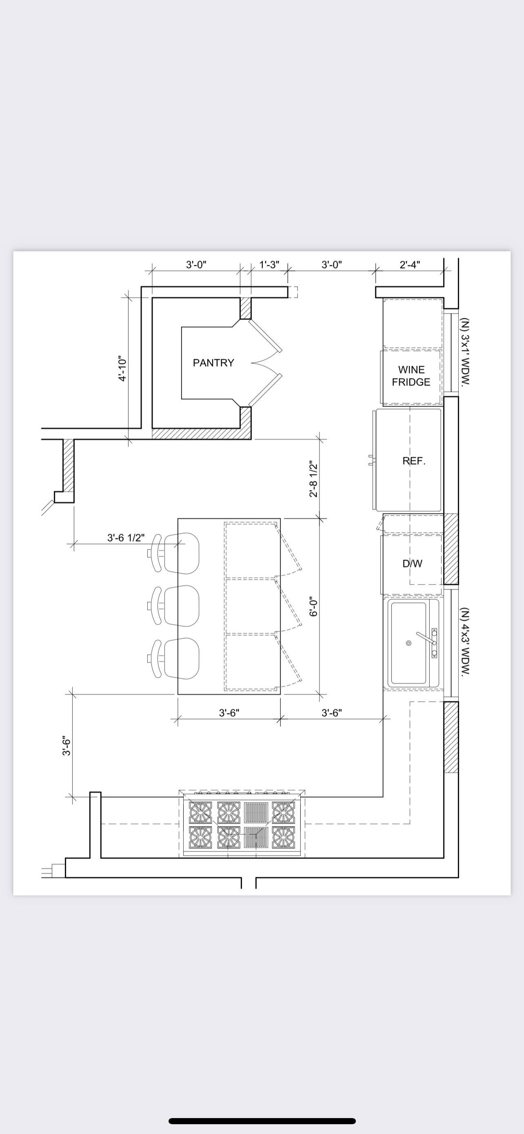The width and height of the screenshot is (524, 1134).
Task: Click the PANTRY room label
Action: [x=213, y=363]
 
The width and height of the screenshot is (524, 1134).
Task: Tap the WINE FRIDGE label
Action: [x=411, y=376]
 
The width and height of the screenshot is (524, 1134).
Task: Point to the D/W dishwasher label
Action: [x=412, y=563]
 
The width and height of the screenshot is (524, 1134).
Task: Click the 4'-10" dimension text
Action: [x=123, y=369]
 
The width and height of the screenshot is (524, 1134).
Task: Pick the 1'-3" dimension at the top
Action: [x=269, y=265]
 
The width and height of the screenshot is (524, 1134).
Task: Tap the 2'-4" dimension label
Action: [x=410, y=265]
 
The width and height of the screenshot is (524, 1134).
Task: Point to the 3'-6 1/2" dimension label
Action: [x=126, y=538]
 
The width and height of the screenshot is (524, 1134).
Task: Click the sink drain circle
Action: [x=408, y=643]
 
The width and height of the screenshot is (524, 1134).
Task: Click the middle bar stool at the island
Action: [x=174, y=606]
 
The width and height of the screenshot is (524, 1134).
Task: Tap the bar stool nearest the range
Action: [x=174, y=658]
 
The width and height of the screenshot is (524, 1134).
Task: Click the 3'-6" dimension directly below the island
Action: [x=229, y=713]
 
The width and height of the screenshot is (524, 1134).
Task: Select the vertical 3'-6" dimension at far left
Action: [x=67, y=746]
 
